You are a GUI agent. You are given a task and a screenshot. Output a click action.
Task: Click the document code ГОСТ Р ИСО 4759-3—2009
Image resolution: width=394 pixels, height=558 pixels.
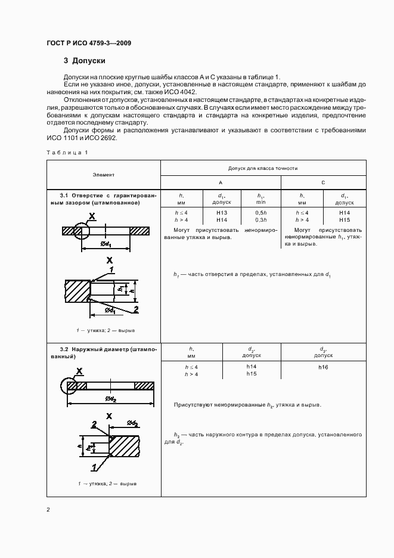89,44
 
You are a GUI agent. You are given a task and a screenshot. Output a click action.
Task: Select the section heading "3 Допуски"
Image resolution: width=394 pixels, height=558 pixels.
85,61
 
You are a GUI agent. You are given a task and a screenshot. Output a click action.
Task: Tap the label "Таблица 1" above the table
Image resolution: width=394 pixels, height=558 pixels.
67,153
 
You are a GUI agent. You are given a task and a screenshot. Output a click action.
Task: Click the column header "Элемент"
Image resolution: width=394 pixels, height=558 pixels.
103,175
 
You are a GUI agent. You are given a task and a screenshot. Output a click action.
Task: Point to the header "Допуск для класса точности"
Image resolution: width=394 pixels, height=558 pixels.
263,169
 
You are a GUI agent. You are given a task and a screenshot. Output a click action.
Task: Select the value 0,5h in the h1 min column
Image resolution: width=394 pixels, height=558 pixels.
260,213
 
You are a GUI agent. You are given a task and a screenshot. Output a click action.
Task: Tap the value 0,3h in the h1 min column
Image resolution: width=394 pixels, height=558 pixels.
260,220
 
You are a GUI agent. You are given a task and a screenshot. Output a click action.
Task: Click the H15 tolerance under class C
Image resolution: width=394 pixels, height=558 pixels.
344,220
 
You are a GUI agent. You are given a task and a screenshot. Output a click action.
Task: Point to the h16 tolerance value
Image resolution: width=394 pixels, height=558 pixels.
323,367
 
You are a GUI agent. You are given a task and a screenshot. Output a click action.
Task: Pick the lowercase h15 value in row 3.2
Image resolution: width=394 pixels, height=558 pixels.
251,374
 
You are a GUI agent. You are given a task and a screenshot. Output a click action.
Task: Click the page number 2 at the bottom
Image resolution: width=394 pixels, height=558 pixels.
48,510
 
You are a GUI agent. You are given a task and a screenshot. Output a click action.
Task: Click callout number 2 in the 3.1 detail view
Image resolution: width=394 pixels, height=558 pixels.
136,308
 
